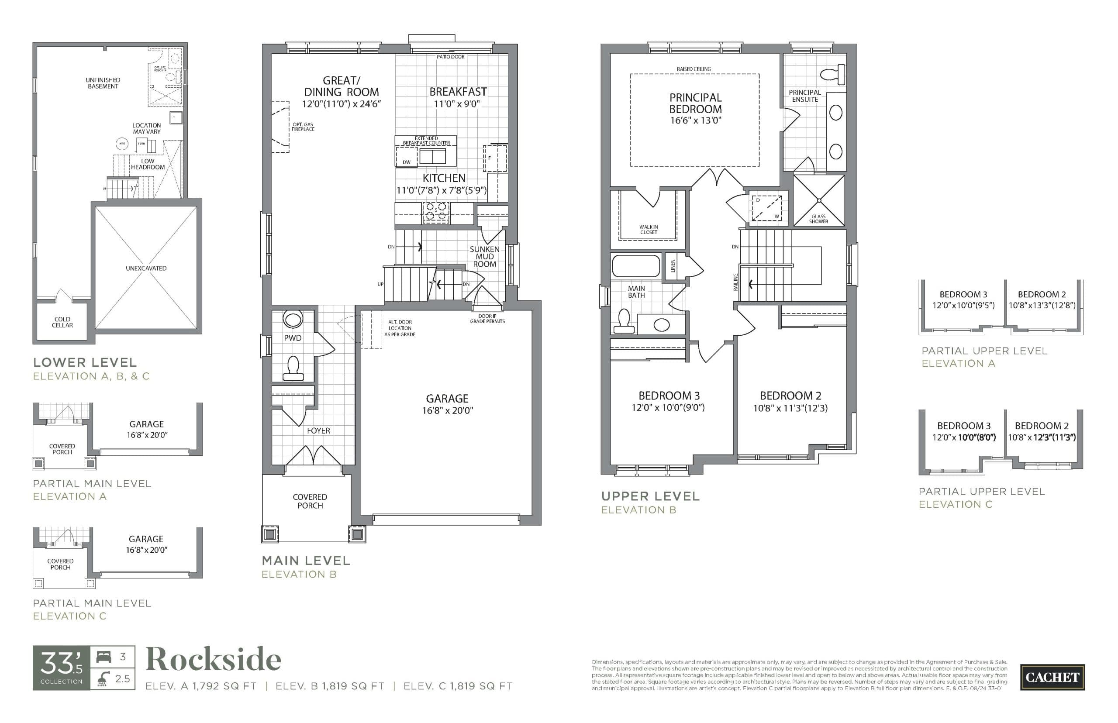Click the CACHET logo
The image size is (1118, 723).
[x=1052, y=677]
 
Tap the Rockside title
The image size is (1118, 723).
[x=214, y=660]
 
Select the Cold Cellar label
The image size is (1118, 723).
[x=62, y=322]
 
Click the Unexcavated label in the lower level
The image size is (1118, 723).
[x=146, y=269]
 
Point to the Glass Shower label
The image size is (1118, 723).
[x=818, y=219]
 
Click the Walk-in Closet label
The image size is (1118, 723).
[x=649, y=230]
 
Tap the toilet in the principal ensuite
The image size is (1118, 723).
[x=832, y=74]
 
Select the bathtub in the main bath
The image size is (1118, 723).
[x=636, y=266]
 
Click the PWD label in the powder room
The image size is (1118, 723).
[x=293, y=338]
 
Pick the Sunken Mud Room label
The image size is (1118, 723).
[x=485, y=257]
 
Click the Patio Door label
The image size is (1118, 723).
[x=450, y=57]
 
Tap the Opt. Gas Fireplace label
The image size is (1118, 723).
[x=303, y=127]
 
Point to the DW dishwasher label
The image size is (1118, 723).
[x=407, y=162]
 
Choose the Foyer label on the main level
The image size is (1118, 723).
[x=318, y=430]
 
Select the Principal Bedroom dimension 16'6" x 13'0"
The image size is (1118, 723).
[x=695, y=120]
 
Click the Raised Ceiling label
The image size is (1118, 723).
[x=694, y=69]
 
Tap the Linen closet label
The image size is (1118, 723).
[x=673, y=266]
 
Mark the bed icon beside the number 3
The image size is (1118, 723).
[x=104, y=656]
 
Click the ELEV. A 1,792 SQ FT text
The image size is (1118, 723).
[x=201, y=686]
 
